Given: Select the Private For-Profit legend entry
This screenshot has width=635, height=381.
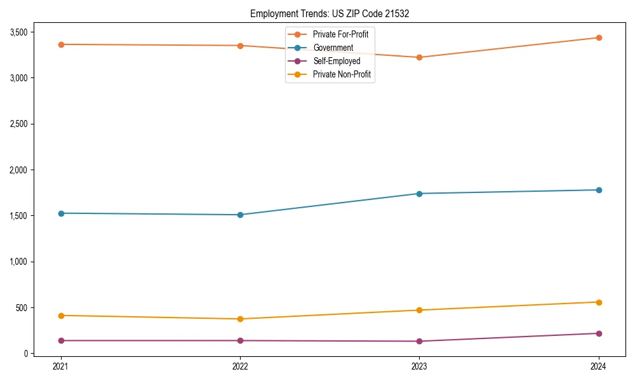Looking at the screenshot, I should [340, 34].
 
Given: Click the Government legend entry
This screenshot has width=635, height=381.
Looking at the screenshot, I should [333, 48].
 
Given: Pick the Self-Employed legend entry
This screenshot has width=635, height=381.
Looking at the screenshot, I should [337, 61].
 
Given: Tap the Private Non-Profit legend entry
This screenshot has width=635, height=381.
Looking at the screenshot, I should [342, 74].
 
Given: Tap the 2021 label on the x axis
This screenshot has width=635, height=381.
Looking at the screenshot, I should [60, 366].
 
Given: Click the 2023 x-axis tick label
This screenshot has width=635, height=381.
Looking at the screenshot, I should [419, 366].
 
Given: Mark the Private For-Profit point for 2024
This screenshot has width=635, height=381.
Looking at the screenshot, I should [599, 37].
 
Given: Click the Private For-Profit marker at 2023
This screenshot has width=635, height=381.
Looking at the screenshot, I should [419, 57].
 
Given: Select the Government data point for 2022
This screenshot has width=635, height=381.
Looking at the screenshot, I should [240, 215].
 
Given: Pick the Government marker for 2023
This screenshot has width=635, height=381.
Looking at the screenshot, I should [419, 194].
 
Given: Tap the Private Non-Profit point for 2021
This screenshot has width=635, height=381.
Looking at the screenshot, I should [60, 316].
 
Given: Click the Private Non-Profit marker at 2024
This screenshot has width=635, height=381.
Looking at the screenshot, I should [599, 302].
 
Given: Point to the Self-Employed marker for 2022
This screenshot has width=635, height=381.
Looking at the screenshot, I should [240, 340].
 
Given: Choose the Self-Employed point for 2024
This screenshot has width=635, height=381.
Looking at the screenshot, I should [599, 333].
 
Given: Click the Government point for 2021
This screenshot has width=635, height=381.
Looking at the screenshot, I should [60, 213].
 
